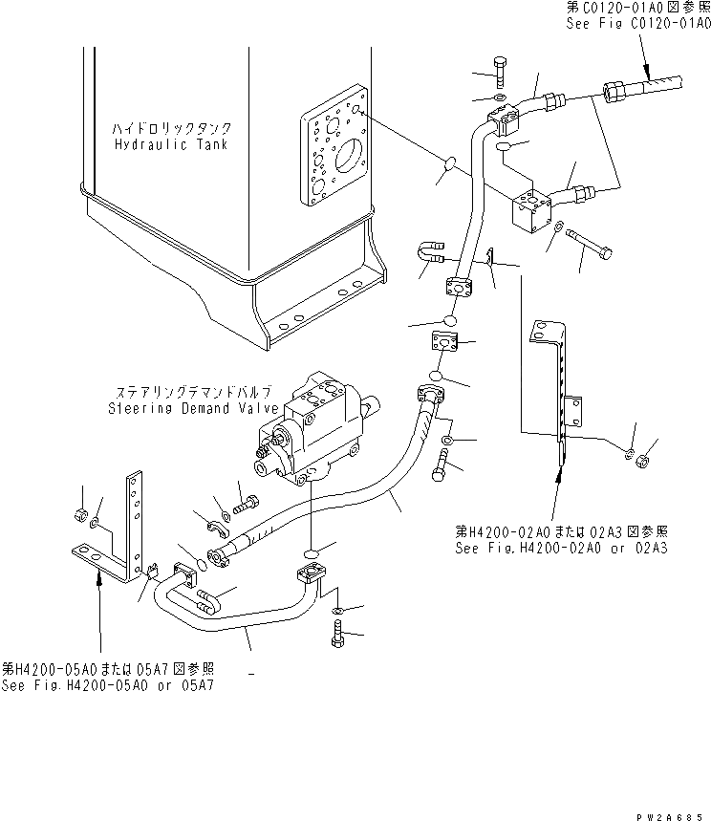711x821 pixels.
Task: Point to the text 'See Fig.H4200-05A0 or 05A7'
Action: [107, 685]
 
